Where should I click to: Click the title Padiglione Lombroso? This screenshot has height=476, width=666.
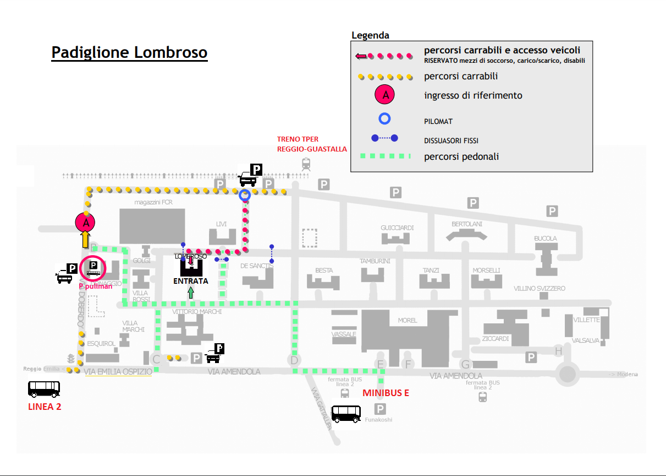tap(129, 52)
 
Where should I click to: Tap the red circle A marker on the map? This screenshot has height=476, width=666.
tap(85, 223)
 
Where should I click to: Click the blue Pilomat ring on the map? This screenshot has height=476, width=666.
tap(245, 194)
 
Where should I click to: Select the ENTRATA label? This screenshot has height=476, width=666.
tap(191, 281)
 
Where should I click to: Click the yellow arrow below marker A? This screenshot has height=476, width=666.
tap(85, 239)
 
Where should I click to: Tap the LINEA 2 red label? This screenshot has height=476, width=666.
tap(45, 407)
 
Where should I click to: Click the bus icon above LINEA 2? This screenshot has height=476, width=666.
tap(44, 389)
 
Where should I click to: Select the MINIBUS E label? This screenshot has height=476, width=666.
tap(386, 393)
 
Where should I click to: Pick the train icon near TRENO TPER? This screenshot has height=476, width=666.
tap(306, 164)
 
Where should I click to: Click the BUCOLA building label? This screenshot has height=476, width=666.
tap(546, 239)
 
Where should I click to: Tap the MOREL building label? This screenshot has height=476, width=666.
tap(407, 320)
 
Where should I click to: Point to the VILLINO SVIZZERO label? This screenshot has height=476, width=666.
tap(540, 289)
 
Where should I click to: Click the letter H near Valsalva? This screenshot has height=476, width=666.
tap(559, 351)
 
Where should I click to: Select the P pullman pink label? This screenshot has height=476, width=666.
tap(95, 286)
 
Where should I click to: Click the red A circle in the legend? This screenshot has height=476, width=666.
tap(386, 95)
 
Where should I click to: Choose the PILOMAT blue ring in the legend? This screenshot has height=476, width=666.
tap(385, 118)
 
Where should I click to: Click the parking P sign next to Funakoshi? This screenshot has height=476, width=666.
tap(380, 409)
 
